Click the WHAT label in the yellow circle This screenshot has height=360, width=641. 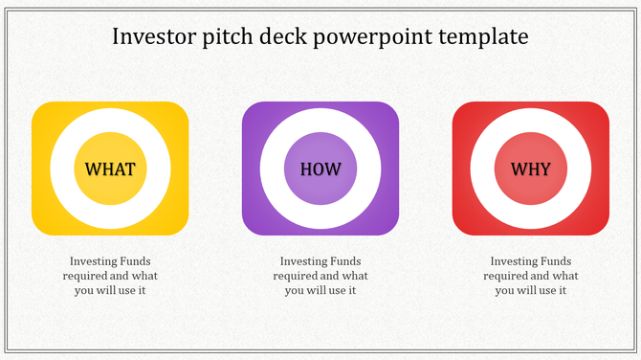pos(110,169)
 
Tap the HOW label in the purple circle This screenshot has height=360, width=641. pos(320,169)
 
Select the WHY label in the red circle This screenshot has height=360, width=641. pos(530,169)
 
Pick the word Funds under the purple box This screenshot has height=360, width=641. pos(343,261)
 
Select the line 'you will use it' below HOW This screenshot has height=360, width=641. pos(320,290)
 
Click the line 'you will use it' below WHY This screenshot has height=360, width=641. pos(531,290)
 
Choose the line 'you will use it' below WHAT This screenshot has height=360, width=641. pos(110,290)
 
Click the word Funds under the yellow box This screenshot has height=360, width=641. pos(133,261)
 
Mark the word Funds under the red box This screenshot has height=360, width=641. pos(553,261)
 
